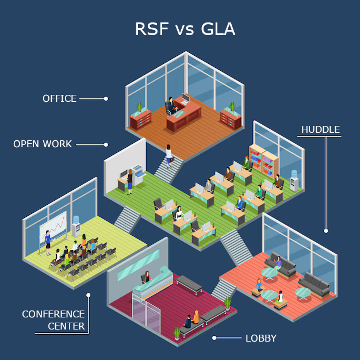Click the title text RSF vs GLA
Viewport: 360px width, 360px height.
pos(185,29)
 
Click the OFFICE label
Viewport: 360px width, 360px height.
pos(59,98)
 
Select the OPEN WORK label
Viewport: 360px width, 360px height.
pos(43,144)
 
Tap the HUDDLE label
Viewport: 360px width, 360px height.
pos(320,129)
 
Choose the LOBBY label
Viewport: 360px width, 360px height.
pos(261,338)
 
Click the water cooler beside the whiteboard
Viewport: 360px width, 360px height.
pos(75,227)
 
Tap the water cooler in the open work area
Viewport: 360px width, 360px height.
pos(294,181)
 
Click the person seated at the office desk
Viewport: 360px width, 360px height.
pos(171,105)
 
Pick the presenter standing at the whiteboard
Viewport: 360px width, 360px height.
pos(48,242)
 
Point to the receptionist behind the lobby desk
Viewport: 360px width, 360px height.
pos(148,277)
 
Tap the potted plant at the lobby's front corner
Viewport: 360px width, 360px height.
pos(177,332)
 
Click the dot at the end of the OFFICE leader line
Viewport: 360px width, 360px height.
pos(106,98)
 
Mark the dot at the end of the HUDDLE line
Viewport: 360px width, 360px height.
pos(325,231)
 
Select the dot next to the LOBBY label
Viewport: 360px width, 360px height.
pos(215,338)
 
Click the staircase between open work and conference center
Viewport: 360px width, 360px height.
pos(127,219)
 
